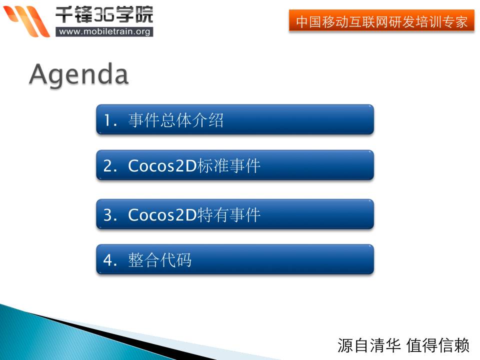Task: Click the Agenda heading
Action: click(79, 75)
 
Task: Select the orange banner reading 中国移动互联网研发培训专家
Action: click(381, 22)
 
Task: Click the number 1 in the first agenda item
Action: click(107, 120)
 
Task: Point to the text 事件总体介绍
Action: click(176, 120)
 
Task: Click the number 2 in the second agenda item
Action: click(107, 166)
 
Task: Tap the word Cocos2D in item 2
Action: click(162, 166)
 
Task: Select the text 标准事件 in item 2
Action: click(229, 166)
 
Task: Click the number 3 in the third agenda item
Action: click(107, 215)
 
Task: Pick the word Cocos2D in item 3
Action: click(162, 215)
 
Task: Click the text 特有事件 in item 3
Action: click(229, 215)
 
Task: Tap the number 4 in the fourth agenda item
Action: click(107, 260)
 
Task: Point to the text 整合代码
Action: click(160, 260)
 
